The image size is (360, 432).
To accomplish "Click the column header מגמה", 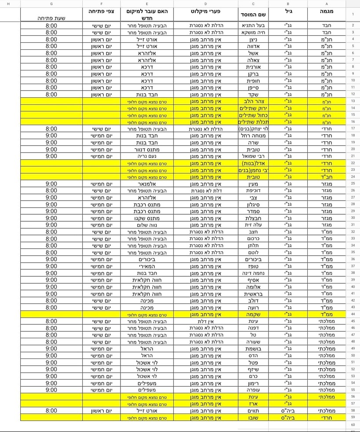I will pyautogui.click(x=326, y=13).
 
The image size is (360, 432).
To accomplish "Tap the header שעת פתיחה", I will pyautogui.click(x=51, y=18).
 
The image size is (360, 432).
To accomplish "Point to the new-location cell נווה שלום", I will pyautogui.click(x=147, y=225).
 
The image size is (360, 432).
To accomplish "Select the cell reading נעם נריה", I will pyautogui.click(x=147, y=156).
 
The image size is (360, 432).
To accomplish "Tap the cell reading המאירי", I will pyautogui.click(x=147, y=266).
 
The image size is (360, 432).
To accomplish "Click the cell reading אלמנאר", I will pyautogui.click(x=147, y=183).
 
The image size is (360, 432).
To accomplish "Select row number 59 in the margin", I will pyautogui.click(x=353, y=417).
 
